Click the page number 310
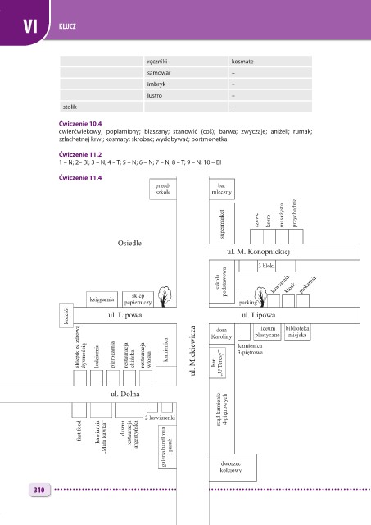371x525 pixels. pos(39,490)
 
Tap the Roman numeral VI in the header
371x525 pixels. pos(30,26)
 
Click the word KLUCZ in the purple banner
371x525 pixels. pos(67,26)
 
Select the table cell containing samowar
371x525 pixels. pos(185,73)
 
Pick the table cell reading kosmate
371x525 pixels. pos(270,62)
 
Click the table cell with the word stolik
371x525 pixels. pos(102,107)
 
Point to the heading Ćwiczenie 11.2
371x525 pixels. pos(80,155)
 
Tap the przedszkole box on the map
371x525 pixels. pos(163,189)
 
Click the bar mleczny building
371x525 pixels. pos(222,189)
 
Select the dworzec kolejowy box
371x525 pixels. pos(233,467)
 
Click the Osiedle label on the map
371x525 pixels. pos(129,243)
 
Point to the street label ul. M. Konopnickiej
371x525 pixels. pos(258,252)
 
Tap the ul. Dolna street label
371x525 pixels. pos(125,394)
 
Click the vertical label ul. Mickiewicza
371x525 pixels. pos(192,350)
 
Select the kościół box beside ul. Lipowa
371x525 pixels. pos(66,315)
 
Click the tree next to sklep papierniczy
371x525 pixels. pos(164,296)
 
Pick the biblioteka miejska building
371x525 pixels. pos(297,332)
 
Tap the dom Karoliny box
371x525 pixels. pos(222,333)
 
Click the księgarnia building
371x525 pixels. pos(102,299)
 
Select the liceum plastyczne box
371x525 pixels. pos(267,332)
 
